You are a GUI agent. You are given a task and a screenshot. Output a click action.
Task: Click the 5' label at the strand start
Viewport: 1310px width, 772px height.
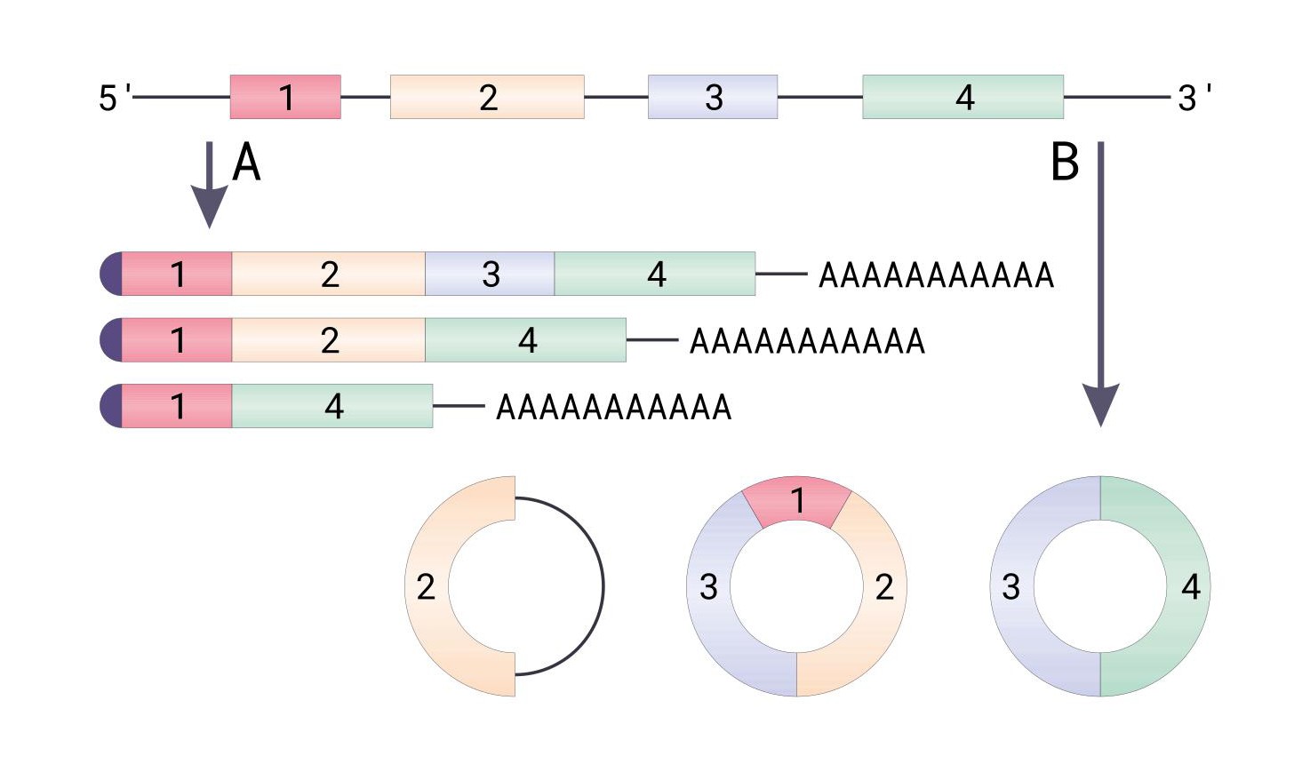point(115,97)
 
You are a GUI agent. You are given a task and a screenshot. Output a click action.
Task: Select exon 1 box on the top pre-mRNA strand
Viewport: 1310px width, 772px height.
point(285,97)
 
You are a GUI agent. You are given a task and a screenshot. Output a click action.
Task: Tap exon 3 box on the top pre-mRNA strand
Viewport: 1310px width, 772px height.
point(713,97)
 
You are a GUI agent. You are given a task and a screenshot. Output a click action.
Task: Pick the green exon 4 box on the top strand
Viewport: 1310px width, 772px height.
point(963,97)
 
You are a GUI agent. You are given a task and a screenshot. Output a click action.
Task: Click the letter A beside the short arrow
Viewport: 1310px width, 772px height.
point(246,163)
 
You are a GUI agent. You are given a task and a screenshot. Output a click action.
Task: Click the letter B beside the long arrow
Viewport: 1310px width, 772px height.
point(1065,163)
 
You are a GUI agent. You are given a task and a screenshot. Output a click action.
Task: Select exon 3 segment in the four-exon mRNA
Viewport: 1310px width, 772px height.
point(490,274)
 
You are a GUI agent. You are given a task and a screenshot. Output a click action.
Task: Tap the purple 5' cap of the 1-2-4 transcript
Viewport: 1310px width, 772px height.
point(111,340)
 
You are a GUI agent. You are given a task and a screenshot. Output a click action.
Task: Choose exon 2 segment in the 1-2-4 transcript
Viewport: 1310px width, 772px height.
point(329,340)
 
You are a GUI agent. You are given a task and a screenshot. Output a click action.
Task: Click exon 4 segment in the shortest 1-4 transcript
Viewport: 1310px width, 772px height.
point(332,406)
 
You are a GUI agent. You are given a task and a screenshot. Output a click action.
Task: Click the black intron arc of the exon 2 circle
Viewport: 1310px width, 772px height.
point(603,586)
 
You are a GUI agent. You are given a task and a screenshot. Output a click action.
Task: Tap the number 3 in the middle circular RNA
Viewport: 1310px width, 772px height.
point(708,586)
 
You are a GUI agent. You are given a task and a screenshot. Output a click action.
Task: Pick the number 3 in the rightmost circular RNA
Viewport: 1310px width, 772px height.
point(1011,586)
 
